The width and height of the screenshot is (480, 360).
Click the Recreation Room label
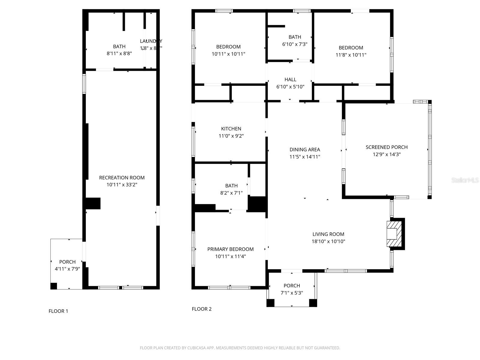coord(122,178)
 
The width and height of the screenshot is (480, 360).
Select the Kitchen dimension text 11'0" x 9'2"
coord(231,136)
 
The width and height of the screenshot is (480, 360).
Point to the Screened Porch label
coord(386,147)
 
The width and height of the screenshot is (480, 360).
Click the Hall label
coord(290,79)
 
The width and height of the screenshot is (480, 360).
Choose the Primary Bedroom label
coord(230,249)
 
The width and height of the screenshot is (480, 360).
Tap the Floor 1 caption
coord(58,311)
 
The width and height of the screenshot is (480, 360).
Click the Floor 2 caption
coord(202,309)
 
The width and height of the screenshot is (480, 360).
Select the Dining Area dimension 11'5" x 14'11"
coord(304,157)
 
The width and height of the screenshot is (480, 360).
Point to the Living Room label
coord(328,234)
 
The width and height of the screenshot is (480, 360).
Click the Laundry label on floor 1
coord(151,41)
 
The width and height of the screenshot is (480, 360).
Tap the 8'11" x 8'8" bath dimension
coord(119,54)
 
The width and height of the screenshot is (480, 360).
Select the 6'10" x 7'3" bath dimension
coord(295,44)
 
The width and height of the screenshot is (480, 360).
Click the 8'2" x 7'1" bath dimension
coord(231,193)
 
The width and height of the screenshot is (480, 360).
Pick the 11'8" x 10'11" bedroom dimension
coord(351,55)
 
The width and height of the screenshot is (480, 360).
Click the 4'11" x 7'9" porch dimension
coord(67,269)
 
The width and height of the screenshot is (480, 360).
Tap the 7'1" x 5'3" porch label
coord(292,286)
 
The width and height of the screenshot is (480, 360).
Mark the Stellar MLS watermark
coord(465,180)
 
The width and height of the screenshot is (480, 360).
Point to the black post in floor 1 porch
coord(54,286)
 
